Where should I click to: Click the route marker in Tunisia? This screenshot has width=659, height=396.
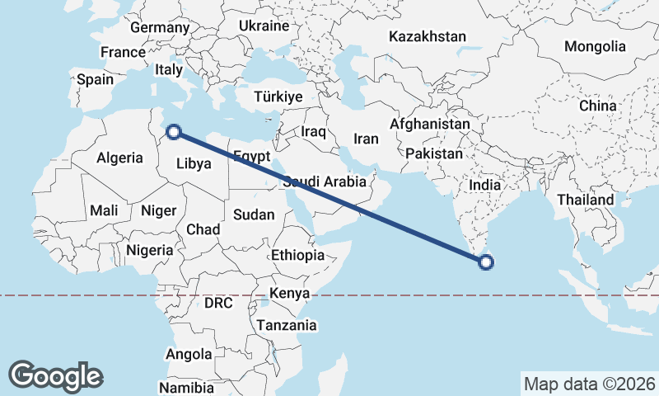click(174, 130)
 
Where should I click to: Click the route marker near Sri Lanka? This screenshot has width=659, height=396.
click(486, 262)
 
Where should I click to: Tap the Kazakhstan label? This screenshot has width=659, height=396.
click(428, 37)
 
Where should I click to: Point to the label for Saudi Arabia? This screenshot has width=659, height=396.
click(324, 181)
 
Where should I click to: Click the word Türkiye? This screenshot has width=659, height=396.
click(278, 97)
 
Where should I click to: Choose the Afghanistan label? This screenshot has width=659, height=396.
click(429, 125)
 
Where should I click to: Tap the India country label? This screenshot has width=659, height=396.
click(485, 186)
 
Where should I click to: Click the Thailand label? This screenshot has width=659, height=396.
click(585, 200)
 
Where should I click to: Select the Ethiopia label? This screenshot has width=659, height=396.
click(297, 255)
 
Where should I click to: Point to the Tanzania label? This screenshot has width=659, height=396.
click(286, 325)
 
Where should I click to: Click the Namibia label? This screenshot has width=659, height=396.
click(186, 387)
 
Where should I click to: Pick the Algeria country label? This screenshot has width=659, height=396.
click(120, 158)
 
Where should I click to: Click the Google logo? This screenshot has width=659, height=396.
click(55, 375)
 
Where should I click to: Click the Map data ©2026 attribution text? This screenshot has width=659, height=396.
click(590, 384)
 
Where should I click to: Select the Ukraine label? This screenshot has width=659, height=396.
click(264, 26)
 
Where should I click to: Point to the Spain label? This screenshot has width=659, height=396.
click(95, 80)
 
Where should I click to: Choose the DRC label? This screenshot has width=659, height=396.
click(218, 303)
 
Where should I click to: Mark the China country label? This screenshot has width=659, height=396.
click(597, 106)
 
